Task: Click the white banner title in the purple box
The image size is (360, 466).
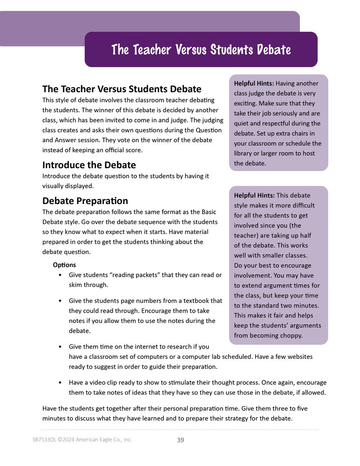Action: tap(201, 50)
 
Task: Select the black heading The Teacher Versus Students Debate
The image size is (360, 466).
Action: tap(122, 89)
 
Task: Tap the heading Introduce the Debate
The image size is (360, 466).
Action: tap(89, 165)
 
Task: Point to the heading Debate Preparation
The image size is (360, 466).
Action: tap(85, 201)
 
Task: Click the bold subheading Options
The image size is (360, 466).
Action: tap(64, 265)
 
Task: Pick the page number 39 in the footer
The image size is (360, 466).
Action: tap(181, 439)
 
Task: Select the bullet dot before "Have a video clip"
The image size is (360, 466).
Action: tap(61, 383)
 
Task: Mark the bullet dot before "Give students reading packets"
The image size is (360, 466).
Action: tap(61, 275)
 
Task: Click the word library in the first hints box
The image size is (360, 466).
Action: tap(245, 153)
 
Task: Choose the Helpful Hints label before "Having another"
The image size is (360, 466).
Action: tap(253, 83)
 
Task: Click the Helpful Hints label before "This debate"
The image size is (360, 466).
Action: tap(253, 195)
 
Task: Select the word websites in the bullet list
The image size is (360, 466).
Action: tap(298, 356)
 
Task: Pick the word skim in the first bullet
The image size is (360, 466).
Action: tap(76, 285)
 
